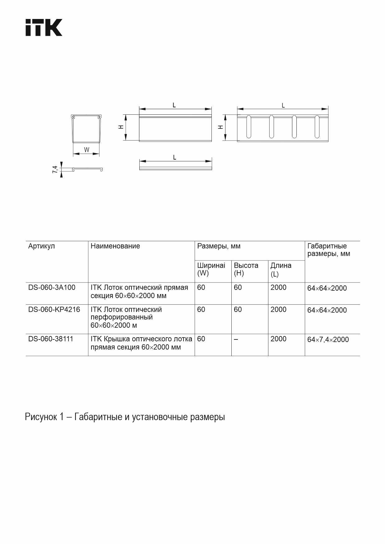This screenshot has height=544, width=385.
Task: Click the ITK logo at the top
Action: (x=44, y=27)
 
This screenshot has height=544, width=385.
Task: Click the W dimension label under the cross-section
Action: (x=86, y=150)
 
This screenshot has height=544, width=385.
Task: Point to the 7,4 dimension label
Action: (x=55, y=169)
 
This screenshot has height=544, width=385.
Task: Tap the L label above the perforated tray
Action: (x=283, y=106)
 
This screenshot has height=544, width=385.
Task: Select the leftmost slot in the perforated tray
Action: (x=249, y=127)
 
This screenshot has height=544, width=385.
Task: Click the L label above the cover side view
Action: (x=174, y=158)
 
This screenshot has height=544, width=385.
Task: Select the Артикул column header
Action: (x=41, y=246)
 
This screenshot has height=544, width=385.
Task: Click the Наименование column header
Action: (x=115, y=246)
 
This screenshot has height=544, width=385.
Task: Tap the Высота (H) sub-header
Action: (x=246, y=269)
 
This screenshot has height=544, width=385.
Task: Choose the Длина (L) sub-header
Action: (x=281, y=269)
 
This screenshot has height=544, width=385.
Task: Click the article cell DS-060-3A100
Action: (x=52, y=288)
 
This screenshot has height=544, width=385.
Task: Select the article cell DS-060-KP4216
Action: (x=54, y=310)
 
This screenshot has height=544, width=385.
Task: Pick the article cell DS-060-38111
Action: (x=51, y=339)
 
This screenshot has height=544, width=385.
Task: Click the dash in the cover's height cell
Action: (x=236, y=339)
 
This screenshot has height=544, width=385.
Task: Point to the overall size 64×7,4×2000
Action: (x=328, y=339)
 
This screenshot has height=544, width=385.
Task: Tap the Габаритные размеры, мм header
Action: (x=328, y=250)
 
